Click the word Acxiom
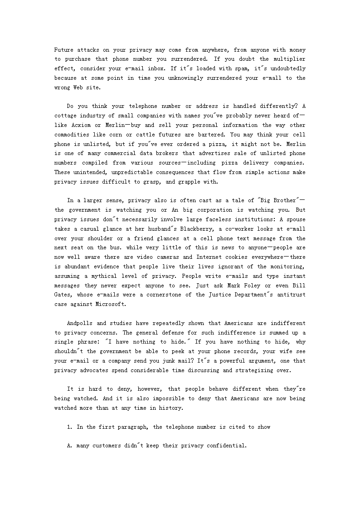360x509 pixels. coord(75,125)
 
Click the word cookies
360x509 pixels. coord(238,257)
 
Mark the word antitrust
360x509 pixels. coord(291,295)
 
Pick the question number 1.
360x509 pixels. coord(69,427)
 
